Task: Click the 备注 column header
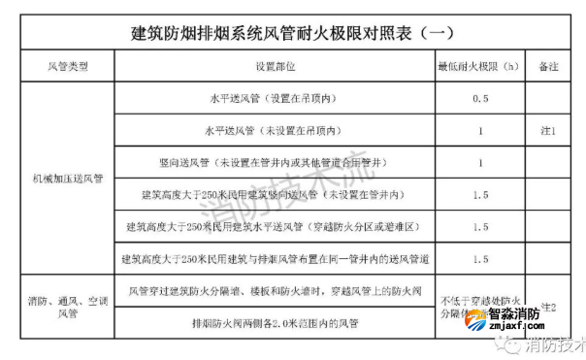tap(550, 68)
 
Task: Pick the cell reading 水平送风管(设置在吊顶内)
tap(276, 99)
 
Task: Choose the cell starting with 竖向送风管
tap(276, 163)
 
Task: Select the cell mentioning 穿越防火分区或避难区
tap(276, 227)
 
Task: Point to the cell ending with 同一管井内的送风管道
tap(276, 259)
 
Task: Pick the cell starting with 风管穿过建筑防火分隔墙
tap(276, 290)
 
